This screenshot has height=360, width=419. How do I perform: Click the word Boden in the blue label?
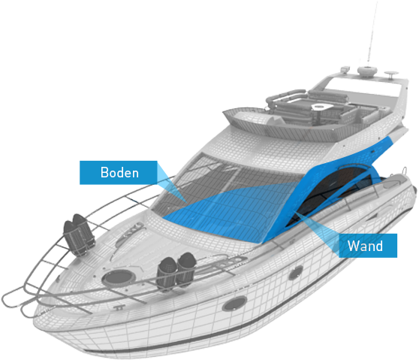coord(119,173)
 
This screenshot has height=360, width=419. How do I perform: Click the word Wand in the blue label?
coord(365,246)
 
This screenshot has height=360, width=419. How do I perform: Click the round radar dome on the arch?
coord(367,71)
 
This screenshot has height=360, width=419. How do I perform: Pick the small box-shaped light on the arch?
coord(345,69)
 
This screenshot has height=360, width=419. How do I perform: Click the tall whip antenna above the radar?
coord(372,33)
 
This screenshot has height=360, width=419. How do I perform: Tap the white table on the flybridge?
coord(322,107)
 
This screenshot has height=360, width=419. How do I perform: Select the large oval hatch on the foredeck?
coord(119,277)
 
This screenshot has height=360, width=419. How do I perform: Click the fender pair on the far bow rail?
coord(79,234)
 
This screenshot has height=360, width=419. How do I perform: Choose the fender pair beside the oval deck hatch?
coord(176,271)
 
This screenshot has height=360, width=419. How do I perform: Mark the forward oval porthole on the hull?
coord(234,304)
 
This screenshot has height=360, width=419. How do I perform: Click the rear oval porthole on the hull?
coord(296,272)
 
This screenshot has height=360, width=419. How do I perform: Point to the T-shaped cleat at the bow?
coord(119,307)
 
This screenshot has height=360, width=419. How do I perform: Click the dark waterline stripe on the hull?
coord(240,329)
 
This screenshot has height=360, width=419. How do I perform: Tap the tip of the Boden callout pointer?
coord(186,201)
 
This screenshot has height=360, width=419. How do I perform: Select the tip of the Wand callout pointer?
coord(294,212)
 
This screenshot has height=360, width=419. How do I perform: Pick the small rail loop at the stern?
coord(405,170)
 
